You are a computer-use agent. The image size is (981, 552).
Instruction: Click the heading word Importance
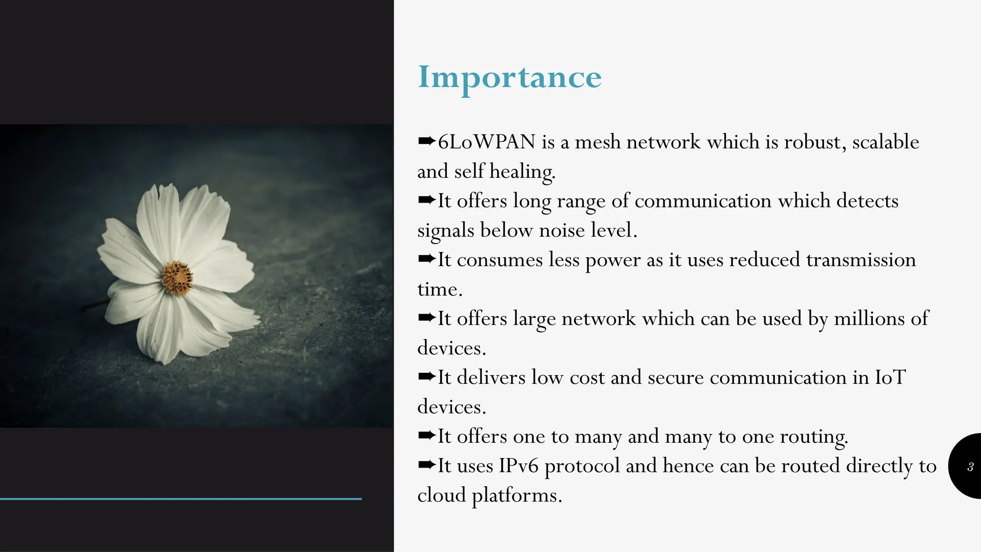click(509, 78)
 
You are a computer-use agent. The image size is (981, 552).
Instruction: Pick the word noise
click(561, 230)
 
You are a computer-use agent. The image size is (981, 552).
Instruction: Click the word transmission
click(861, 260)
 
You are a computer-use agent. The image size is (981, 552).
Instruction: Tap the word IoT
click(890, 378)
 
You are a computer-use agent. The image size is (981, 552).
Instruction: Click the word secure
click(675, 378)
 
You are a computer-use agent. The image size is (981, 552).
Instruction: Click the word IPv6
click(519, 466)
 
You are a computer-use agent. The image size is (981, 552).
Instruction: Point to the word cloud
click(441, 495)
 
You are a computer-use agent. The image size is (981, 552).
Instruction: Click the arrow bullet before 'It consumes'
click(426, 259)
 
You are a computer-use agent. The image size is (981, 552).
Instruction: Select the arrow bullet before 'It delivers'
click(426, 377)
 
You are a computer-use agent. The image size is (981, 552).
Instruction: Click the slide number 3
click(970, 467)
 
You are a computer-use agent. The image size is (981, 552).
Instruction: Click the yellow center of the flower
click(177, 277)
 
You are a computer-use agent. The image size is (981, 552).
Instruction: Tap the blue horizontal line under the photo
click(181, 499)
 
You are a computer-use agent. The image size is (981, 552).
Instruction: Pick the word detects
click(867, 201)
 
